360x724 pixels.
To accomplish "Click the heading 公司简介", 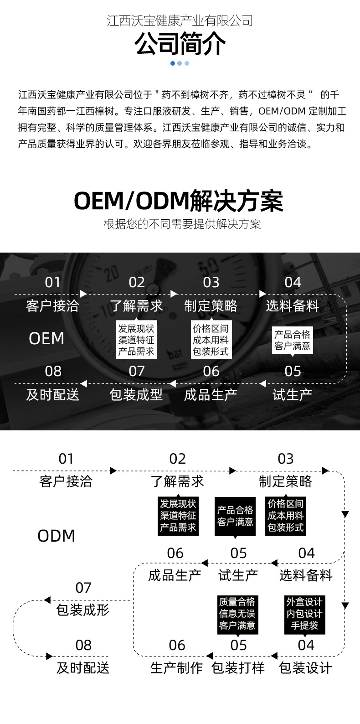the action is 180,44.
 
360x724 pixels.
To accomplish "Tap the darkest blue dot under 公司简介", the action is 173,63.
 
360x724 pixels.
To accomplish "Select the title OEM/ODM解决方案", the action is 179,201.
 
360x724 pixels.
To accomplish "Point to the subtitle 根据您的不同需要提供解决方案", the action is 182,224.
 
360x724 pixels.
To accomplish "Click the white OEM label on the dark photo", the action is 46,338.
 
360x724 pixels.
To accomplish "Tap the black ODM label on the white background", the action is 56,536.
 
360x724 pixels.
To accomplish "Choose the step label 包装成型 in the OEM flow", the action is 136,394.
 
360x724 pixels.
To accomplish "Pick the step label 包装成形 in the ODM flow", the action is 83,610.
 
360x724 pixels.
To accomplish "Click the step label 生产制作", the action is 176,667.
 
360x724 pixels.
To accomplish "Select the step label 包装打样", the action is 238,667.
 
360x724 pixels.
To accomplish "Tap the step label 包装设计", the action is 305,667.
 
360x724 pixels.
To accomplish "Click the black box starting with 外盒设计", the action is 304,614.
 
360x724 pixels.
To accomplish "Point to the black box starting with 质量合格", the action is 237,614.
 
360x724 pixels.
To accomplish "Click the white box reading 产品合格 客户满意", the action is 292,340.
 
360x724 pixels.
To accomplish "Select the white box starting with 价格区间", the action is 211,340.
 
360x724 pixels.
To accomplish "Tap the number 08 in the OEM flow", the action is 53,371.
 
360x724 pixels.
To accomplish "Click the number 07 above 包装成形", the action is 83,588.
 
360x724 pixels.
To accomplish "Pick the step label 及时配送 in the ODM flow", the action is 83,667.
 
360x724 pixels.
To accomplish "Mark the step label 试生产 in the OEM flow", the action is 292,394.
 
